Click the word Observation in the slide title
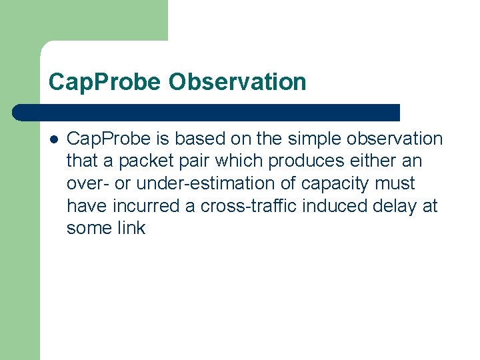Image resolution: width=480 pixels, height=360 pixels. (x=237, y=82)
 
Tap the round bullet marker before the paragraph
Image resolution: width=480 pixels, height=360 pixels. (x=53, y=139)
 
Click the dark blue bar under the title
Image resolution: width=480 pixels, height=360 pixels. (x=207, y=112)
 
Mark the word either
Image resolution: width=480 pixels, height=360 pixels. (x=375, y=161)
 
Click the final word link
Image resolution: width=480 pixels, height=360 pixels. (x=131, y=228)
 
